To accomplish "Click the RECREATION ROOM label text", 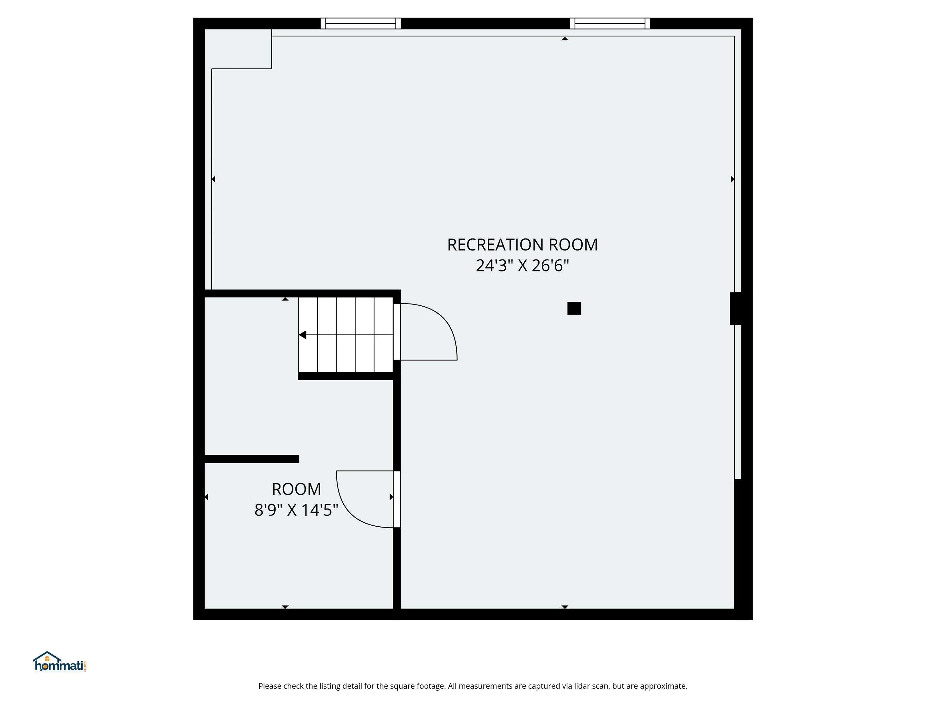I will [x=522, y=245].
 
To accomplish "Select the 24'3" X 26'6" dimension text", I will [x=522, y=266].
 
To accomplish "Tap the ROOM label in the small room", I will [x=296, y=489].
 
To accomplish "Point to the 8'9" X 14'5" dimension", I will [x=296, y=510].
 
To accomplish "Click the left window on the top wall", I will [x=361, y=23].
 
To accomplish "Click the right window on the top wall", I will [x=610, y=23].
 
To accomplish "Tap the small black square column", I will [x=574, y=308].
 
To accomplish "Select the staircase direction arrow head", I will [x=303, y=335].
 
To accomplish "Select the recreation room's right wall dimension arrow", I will [x=732, y=179].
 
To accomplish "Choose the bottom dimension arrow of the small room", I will [x=285, y=606].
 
